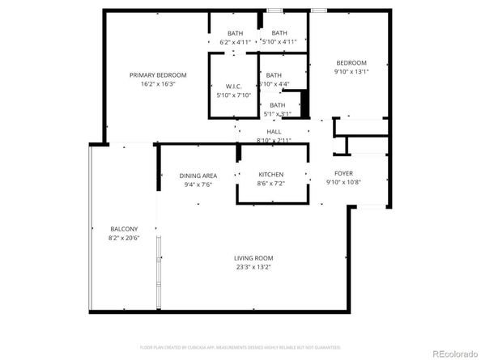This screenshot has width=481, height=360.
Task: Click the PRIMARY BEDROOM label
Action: click(x=158, y=75)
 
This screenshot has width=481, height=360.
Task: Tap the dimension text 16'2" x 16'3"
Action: click(x=158, y=83)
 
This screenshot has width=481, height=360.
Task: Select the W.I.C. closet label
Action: click(x=234, y=87)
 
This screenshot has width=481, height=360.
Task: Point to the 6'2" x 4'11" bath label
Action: click(x=236, y=33)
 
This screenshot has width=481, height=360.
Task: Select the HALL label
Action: click(x=274, y=132)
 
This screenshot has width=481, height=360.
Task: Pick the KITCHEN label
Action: click(x=270, y=175)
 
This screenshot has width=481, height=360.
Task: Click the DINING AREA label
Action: click(x=198, y=176)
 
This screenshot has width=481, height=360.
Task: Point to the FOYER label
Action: click(x=343, y=173)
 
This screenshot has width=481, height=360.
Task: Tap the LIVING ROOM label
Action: click(x=253, y=258)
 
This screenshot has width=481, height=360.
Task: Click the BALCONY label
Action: click(x=124, y=229)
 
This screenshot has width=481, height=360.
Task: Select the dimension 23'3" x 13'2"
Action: click(x=253, y=267)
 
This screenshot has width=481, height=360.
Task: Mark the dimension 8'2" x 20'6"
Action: click(x=124, y=238)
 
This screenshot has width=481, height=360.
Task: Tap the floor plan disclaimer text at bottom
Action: click(x=240, y=347)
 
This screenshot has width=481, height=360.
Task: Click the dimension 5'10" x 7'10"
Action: click(x=234, y=95)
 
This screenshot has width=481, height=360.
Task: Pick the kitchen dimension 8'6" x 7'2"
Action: click(x=270, y=184)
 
